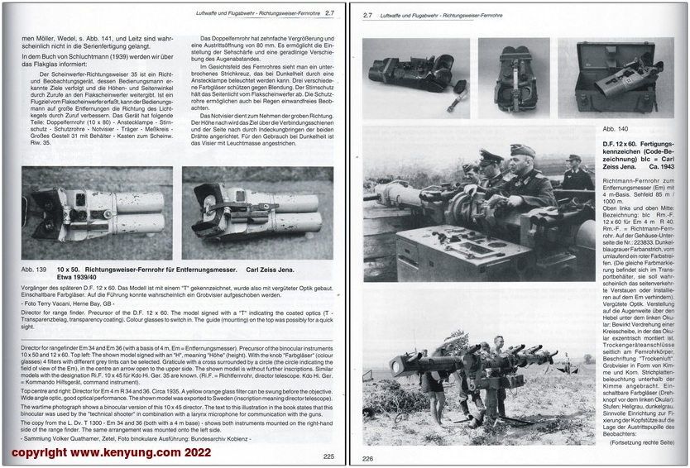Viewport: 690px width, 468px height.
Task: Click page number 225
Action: tap(328, 456)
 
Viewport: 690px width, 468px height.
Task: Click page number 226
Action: tap(368, 460)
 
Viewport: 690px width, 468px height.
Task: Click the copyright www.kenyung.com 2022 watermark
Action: tap(110, 454)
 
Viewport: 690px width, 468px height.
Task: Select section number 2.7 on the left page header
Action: tap(329, 12)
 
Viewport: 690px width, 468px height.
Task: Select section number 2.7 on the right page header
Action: tap(369, 14)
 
